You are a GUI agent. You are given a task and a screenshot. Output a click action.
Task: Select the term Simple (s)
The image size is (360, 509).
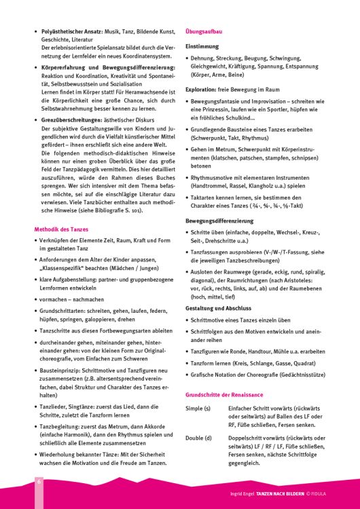click(x=198, y=409)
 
